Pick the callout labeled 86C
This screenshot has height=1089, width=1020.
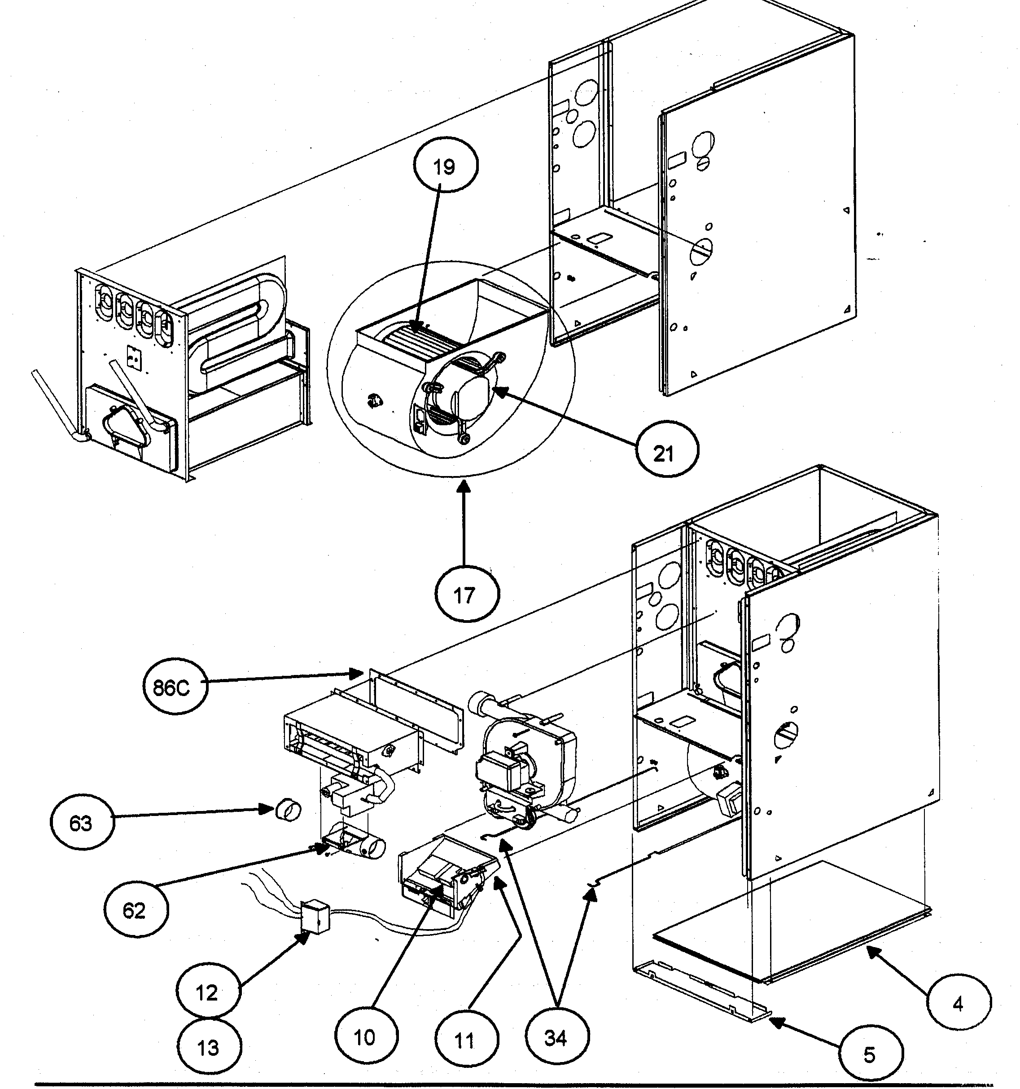click(175, 686)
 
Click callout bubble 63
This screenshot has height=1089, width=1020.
click(82, 823)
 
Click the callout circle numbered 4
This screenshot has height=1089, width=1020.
click(958, 1002)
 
